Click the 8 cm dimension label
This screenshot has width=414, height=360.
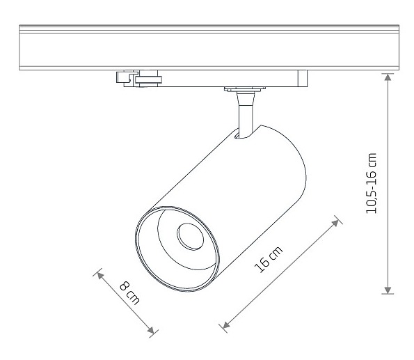coord(129,293)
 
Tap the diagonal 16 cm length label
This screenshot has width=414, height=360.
coord(268,259)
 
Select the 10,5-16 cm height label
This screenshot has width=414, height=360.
coord(371,183)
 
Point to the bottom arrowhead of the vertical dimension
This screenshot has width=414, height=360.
coord(388,290)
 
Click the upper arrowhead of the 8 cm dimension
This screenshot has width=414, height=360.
coord(99,276)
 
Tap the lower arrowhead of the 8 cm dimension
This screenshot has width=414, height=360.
coord(151,330)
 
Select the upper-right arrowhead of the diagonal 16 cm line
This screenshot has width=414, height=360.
coord(335,223)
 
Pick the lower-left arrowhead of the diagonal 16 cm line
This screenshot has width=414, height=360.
coord(226,324)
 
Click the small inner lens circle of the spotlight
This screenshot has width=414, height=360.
coord(191,237)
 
